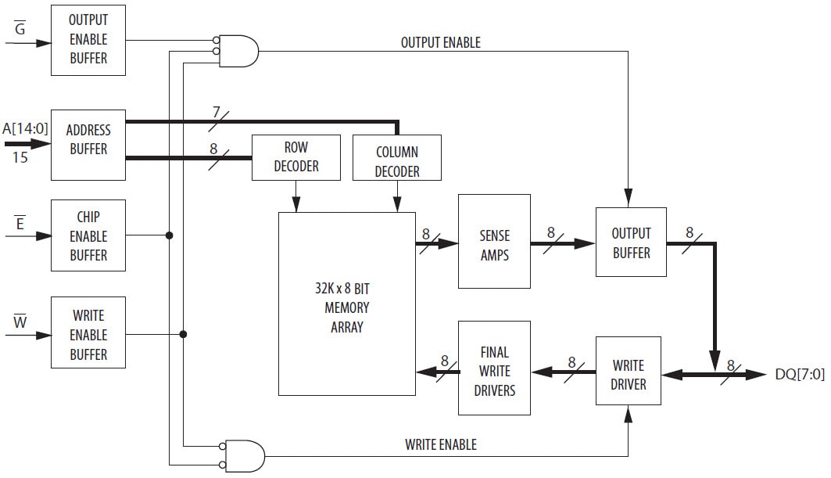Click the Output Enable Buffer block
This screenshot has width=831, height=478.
88,39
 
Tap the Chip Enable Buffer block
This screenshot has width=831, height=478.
88,235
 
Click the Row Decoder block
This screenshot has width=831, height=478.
296,157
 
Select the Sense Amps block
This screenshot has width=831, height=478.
494,244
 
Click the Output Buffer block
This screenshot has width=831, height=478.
631,242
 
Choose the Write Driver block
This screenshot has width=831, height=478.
628,374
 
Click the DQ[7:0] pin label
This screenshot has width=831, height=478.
799,375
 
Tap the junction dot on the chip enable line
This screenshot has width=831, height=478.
169,235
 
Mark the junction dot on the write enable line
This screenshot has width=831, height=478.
183,334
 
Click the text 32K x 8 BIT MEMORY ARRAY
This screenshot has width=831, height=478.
346,307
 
